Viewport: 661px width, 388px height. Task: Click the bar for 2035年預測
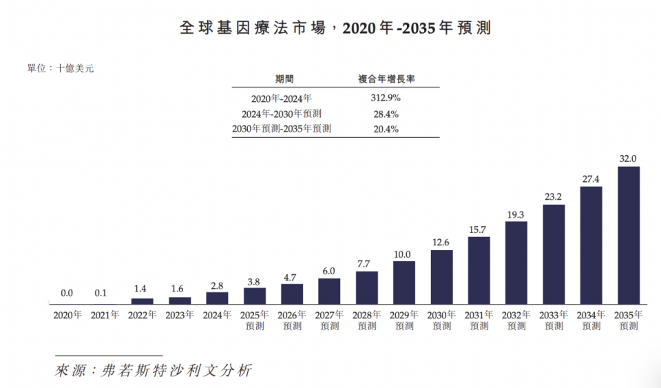pos(629,235)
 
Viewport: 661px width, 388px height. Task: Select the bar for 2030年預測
pos(442,277)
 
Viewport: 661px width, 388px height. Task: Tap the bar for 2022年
pos(142,301)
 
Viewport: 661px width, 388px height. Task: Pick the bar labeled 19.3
pos(516,263)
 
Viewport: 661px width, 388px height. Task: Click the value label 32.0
pos(628,159)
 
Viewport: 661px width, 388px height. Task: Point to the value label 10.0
pos(402,254)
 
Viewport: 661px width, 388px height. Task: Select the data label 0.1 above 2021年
pos(101,293)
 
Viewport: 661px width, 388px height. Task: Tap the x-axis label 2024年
pos(217,315)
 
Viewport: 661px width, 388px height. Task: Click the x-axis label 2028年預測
pos(367,320)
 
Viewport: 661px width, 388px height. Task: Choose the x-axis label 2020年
pos(67,315)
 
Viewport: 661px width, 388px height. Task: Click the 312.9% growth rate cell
pos(386,98)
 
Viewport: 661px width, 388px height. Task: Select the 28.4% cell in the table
pos(386,114)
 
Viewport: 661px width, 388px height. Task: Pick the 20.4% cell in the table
pos(386,129)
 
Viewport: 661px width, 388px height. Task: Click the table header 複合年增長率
pos(386,79)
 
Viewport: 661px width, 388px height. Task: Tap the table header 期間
pos(284,79)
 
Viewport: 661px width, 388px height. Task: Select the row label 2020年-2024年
pos(282,99)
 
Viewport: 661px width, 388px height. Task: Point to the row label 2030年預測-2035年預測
pos(282,129)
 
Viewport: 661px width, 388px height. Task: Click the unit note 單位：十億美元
pos(61,68)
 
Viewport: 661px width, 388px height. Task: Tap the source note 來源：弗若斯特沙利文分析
pos(153,370)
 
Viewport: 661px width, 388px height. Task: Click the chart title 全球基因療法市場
pos(253,28)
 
